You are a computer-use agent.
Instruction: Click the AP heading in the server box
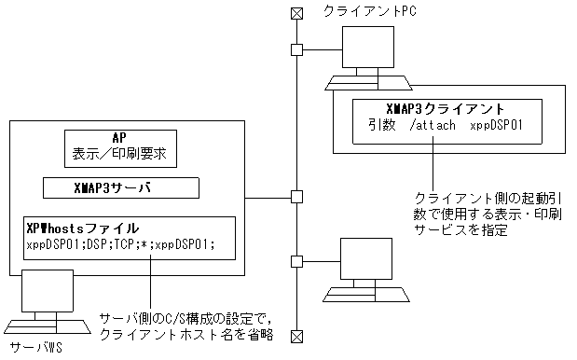pyautogui.click(x=124, y=135)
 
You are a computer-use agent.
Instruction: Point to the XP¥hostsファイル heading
pyautogui.click(x=81, y=228)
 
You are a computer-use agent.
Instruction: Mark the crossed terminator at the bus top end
pyautogui.click(x=296, y=13)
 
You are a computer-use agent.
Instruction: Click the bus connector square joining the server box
pyautogui.click(x=296, y=197)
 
